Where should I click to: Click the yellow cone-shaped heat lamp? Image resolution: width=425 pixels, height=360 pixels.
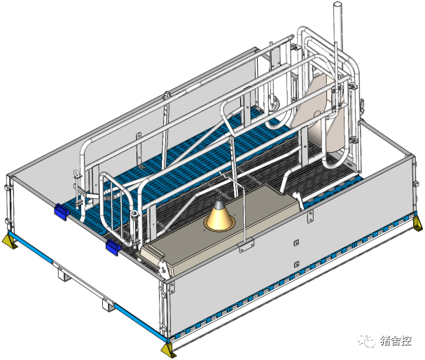point(219,217)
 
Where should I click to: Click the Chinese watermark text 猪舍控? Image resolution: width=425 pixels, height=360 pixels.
point(396,340)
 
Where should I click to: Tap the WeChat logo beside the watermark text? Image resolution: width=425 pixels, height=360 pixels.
point(366,340)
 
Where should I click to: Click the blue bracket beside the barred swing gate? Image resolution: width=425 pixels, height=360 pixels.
point(113,247)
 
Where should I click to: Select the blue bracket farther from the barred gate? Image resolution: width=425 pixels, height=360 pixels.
point(62,212)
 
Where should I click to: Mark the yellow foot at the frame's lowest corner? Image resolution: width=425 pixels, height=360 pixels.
point(168,350)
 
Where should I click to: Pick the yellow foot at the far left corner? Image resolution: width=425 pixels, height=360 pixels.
point(10,241)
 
